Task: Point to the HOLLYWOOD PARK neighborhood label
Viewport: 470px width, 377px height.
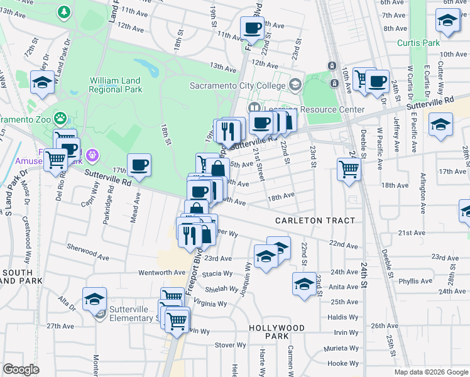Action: pyautogui.click(x=276, y=332)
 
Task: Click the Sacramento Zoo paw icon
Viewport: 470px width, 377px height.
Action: pyautogui.click(x=60, y=117)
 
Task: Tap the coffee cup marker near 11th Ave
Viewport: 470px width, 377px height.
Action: pyautogui.click(x=253, y=28)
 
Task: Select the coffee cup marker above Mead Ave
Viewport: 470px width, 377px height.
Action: pyautogui.click(x=139, y=165)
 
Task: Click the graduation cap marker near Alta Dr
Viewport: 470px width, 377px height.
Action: pyautogui.click(x=94, y=298)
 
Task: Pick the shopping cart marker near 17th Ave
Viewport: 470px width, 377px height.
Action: pyautogui.click(x=349, y=168)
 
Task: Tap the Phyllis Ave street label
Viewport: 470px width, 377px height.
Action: pyautogui.click(x=415, y=281)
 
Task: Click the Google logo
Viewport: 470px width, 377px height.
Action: pyautogui.click(x=21, y=369)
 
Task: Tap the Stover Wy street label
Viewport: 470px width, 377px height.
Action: pyautogui.click(x=231, y=345)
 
